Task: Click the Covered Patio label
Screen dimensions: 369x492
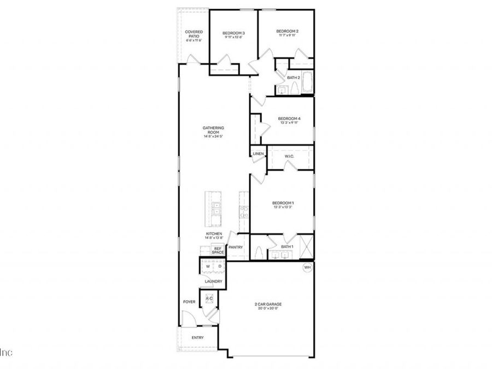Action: [194, 34]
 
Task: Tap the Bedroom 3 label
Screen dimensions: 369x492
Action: [233, 34]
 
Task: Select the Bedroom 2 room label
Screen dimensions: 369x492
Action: [287, 32]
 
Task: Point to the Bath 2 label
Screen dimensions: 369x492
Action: [294, 78]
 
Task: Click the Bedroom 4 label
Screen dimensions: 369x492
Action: [289, 119]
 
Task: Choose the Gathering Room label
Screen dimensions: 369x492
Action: [214, 130]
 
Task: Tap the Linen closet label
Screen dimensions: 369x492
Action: [258, 154]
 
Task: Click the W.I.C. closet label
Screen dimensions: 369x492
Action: [290, 156]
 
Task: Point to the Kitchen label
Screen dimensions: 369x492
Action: [213, 233]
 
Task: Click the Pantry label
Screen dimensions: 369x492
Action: [236, 247]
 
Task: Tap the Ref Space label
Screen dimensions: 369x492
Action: [218, 250]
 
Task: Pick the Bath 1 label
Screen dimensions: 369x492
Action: [287, 247]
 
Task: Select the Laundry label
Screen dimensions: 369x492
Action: [213, 282]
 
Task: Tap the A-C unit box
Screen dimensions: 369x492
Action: [209, 298]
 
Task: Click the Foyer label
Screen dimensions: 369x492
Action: [189, 301]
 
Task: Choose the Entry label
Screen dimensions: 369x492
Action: [197, 337]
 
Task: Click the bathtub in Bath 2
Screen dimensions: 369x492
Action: [307, 83]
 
